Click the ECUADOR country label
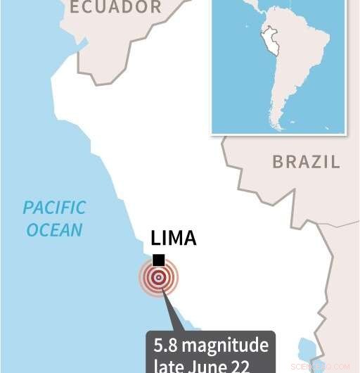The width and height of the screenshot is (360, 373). point(115,8)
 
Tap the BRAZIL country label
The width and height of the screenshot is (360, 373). point(306,162)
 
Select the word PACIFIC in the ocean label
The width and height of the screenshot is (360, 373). point(54,208)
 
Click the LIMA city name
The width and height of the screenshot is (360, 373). point(174,239)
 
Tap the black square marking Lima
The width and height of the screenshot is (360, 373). point(159,260)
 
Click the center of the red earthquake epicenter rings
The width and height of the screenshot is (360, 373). point(159,277)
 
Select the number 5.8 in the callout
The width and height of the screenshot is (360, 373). point(167,346)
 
